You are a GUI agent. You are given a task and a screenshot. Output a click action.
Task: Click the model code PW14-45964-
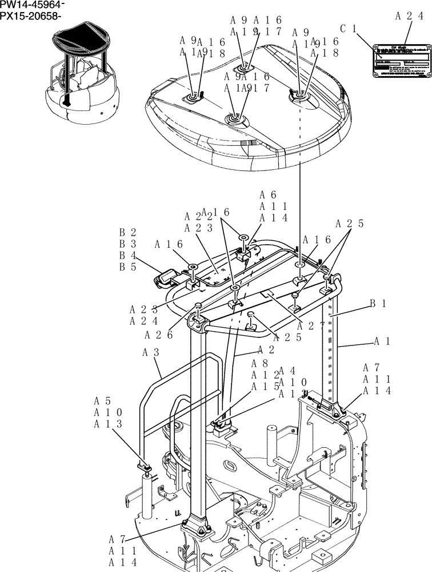(32, 5)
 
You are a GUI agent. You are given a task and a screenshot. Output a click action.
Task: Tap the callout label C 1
(348, 28)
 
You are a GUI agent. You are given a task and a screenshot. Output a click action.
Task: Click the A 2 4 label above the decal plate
(409, 16)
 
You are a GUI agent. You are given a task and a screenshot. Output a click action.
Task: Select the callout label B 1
(378, 304)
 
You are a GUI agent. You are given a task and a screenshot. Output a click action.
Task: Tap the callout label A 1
(382, 341)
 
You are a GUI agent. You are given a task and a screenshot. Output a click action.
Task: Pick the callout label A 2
(266, 349)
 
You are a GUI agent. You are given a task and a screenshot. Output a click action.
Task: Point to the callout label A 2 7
(311, 326)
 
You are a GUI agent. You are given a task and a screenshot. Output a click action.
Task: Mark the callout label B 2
(127, 233)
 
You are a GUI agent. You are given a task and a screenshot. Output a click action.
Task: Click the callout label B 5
(127, 267)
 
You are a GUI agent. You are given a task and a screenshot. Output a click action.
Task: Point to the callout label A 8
(259, 363)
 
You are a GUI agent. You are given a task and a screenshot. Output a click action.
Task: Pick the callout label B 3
(127, 244)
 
